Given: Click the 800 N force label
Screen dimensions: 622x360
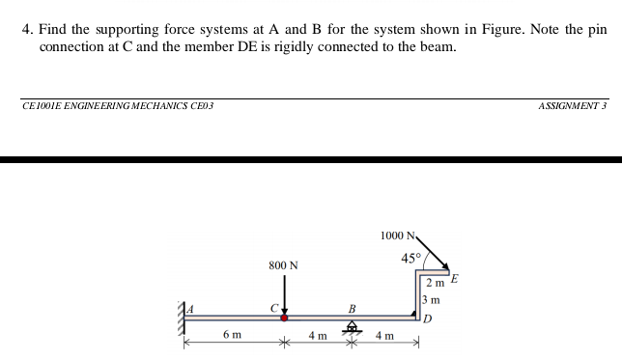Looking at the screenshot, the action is (x=283, y=264).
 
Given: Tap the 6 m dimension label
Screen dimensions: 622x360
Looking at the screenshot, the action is (x=232, y=335).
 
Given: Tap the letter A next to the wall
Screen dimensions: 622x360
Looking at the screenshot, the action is (x=191, y=308).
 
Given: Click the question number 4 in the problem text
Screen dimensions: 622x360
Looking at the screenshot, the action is (x=26, y=30).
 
